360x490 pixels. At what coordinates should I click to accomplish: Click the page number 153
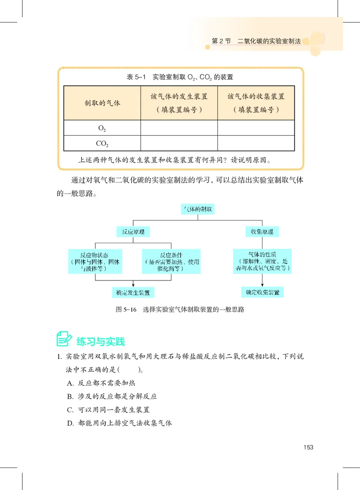click(308, 447)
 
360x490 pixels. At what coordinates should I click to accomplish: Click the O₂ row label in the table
click(102, 128)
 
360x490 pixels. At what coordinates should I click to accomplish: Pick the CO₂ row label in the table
click(102, 144)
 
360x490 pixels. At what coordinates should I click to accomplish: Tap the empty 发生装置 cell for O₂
click(179, 128)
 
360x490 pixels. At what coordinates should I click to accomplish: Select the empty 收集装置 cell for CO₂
click(256, 144)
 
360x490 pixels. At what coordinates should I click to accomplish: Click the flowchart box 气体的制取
click(197, 209)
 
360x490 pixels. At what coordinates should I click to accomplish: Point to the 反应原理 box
click(133, 232)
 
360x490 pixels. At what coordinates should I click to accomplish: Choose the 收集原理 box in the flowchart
click(262, 232)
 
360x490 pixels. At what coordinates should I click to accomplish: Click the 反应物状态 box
click(94, 261)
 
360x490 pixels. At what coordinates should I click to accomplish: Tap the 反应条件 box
click(171, 261)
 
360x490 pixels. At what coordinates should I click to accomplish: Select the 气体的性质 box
click(262, 260)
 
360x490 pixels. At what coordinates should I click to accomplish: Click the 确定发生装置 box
click(133, 292)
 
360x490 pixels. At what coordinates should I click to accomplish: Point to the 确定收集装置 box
click(262, 292)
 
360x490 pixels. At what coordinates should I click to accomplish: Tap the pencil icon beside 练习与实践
click(64, 339)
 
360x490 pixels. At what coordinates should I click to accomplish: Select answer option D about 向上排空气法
click(119, 423)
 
